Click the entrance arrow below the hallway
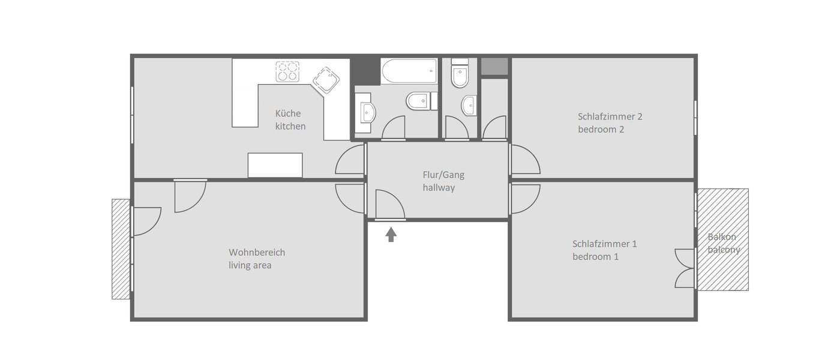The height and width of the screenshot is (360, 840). coord(391,234)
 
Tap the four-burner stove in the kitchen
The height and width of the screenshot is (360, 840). coord(287,71)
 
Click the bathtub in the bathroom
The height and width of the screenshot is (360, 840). coord(409,71)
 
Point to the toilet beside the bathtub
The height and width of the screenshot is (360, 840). coord(418,101)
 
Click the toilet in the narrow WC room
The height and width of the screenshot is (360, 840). coord(460,74)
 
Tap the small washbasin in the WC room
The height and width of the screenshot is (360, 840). coord(469,106)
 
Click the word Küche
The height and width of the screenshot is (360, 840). coord(288,113)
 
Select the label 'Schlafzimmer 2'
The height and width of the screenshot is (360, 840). coord(610,116)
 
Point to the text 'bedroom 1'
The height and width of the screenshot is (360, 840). coord(595,257)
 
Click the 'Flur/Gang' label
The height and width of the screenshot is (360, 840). coord(443,175)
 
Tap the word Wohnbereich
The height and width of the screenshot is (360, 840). coord(257,252)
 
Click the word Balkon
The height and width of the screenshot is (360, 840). coord(722,237)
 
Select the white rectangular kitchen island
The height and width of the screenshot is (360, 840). coord(275,165)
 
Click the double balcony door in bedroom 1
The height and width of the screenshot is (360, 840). coord(685,268)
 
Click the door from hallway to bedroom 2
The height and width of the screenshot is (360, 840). coord(524,160)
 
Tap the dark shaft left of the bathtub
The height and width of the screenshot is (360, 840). coord(365,70)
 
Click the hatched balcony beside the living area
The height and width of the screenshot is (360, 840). coord(121,248)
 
